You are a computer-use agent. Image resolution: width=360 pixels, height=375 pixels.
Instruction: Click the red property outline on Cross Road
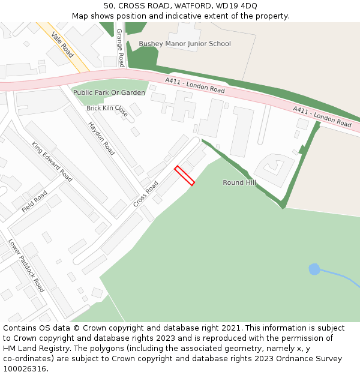click(x=185, y=176)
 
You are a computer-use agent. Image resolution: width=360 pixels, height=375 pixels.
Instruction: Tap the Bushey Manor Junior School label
click(x=185, y=44)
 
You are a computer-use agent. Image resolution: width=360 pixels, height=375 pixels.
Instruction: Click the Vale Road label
click(x=62, y=45)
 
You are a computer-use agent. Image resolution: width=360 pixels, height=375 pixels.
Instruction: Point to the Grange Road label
click(x=120, y=47)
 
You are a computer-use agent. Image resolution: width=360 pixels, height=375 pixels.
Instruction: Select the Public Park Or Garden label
click(x=109, y=93)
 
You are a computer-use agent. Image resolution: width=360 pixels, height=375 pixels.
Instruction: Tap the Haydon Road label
click(x=101, y=139)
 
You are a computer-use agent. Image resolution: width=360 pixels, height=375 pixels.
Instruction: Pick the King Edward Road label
click(x=52, y=161)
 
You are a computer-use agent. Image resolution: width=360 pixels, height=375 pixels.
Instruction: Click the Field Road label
click(x=34, y=202)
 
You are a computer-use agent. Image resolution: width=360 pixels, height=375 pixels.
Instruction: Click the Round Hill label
click(x=239, y=182)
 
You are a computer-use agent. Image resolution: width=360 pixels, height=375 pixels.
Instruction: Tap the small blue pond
click(x=314, y=269)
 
